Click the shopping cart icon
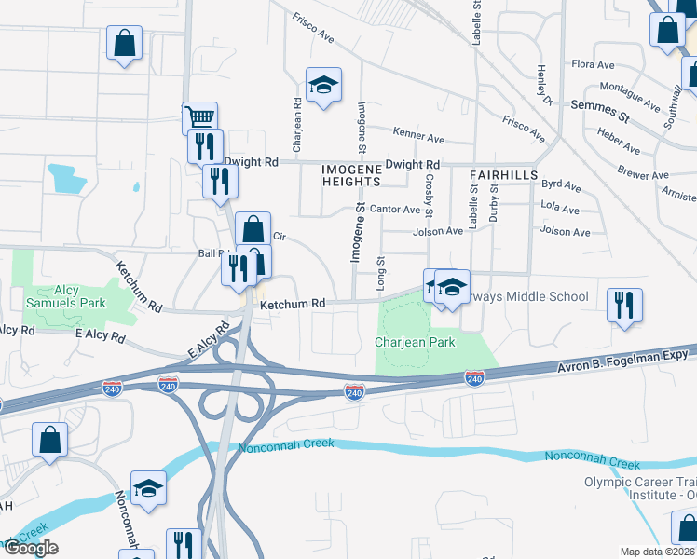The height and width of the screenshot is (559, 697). tap(199, 118)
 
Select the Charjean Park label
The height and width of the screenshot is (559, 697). tap(415, 342)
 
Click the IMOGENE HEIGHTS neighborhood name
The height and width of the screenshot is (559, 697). tap(351, 174)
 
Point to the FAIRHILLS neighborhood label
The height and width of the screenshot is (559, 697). tap(503, 174)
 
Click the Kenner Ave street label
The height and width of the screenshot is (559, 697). tap(418, 137)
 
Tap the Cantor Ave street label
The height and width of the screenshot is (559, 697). tap(394, 210)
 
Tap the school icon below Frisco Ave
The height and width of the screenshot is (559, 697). tap(323, 86)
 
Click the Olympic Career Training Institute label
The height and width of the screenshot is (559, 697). tap(640, 488)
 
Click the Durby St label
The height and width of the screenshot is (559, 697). tap(495, 204)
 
